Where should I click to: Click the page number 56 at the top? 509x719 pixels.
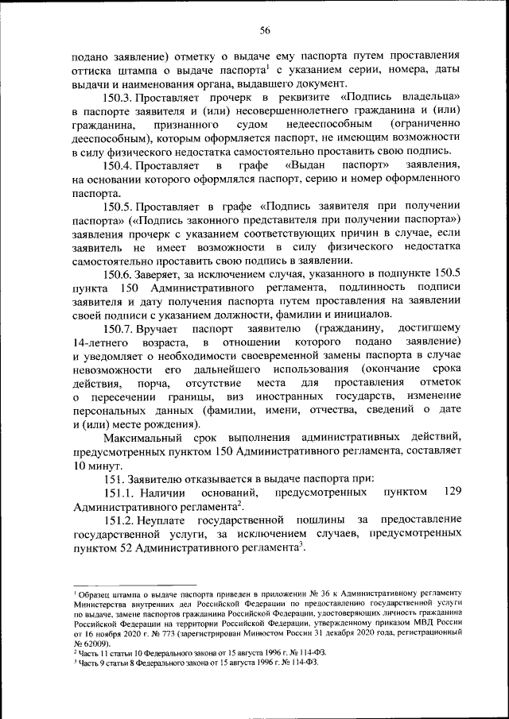[266, 31]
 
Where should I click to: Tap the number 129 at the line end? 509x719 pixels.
[452, 492]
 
